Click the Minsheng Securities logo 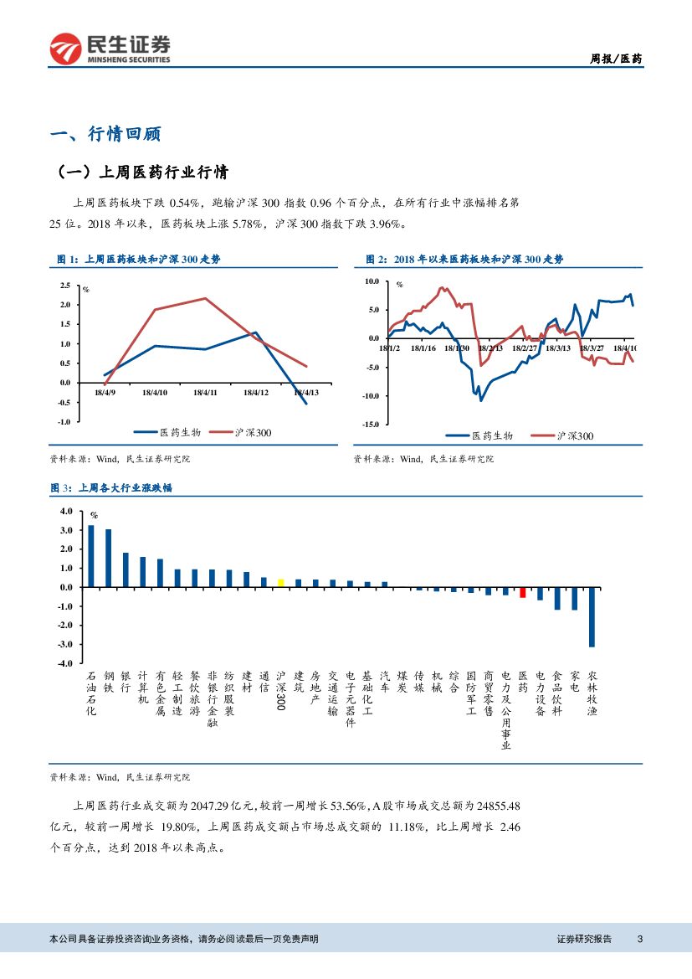click(x=110, y=49)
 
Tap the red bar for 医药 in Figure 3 click(x=523, y=592)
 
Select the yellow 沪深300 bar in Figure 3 click(x=281, y=582)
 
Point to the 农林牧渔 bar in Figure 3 click(x=592, y=616)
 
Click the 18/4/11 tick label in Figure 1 click(x=205, y=392)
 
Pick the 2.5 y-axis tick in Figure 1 click(x=65, y=286)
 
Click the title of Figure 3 click(x=110, y=487)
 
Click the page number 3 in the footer click(x=639, y=939)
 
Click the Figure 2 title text click(x=464, y=260)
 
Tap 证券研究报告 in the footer click(x=584, y=939)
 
